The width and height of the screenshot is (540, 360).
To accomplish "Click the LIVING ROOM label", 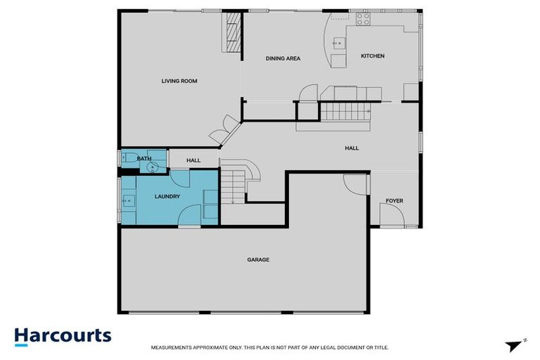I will coord(179,81).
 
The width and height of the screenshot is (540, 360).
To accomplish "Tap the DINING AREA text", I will coord(283,58).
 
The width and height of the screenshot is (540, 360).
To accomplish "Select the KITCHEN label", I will coord(373,56).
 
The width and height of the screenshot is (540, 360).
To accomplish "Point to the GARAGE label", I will coord(258,259).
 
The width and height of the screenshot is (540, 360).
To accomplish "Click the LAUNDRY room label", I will coord(167,196).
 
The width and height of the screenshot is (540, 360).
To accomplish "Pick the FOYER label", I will coord(394,201).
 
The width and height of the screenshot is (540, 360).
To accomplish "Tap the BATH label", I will coord(144,159).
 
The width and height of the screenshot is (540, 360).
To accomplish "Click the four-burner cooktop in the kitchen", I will coord(362,20).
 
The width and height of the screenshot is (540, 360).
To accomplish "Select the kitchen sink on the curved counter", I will coord(338,42).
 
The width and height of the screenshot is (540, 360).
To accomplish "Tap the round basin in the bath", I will coord(151,167).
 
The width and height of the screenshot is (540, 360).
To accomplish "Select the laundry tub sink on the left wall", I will coord(128,201).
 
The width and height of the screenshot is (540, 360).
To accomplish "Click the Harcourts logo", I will coord(63,335).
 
